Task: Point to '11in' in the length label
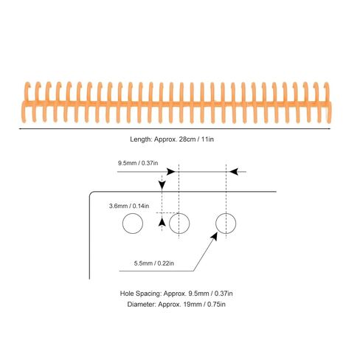207,139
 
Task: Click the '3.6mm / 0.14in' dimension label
129,206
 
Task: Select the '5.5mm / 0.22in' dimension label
154,263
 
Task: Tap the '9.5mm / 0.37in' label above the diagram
138,163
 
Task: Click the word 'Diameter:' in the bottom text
142,305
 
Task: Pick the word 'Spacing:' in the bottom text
148,294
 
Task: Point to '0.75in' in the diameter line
216,305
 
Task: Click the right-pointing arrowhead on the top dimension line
171,172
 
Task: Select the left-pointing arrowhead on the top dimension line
234,172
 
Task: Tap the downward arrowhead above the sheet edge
162,186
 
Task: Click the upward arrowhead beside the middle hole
162,222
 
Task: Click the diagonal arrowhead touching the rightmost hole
215,236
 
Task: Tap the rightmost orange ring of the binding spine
329,103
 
